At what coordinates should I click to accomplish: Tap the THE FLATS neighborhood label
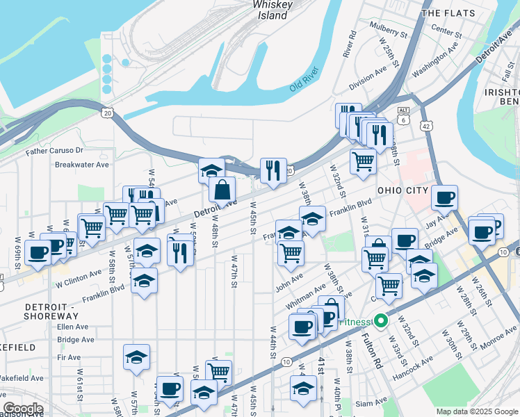pos(452,13)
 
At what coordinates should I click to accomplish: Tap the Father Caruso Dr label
pos(54,150)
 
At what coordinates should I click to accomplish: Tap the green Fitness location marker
pos(380,322)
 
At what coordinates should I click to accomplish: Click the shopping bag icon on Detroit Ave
pos(222,190)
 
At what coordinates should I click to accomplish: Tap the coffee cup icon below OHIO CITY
pos(444,197)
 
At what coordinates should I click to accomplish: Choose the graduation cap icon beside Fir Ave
pos(137,358)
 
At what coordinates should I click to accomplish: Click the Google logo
pos(23,409)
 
